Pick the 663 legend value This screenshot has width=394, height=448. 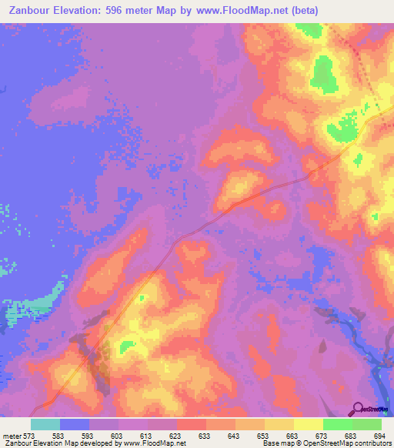point(294,435)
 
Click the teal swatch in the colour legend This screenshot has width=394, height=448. point(45,424)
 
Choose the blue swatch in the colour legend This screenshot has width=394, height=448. point(75,424)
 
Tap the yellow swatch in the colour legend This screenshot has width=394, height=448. point(309,424)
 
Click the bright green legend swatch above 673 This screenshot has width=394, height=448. point(338,424)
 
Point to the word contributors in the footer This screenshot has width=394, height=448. point(373,443)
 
